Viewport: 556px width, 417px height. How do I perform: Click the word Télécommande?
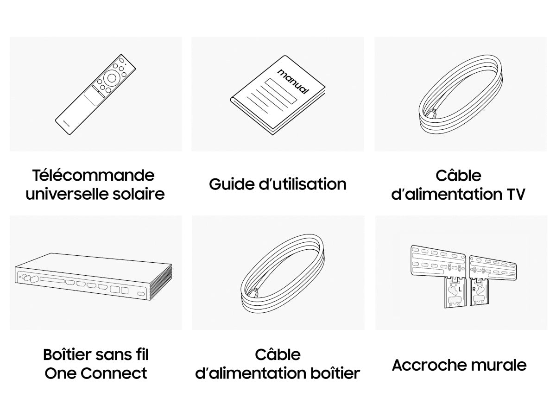point(93,175)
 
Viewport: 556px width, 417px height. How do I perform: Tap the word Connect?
point(114,373)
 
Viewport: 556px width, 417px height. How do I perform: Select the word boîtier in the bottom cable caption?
point(335,373)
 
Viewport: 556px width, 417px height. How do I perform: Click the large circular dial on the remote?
point(112,78)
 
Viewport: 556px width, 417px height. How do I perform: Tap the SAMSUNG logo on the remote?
point(66,124)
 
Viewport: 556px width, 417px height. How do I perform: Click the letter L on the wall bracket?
point(460,289)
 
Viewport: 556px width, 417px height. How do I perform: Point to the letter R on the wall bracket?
point(474,289)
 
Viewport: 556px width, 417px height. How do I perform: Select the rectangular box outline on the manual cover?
point(281,91)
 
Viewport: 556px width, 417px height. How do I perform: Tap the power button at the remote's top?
point(121,60)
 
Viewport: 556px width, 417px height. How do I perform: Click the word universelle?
point(67,194)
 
